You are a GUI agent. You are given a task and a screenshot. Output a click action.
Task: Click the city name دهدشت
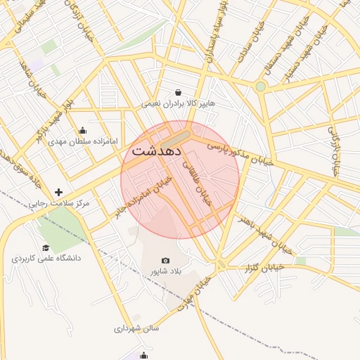[x=157, y=150]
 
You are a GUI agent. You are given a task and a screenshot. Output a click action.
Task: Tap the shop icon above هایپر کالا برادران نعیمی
[x=178, y=92]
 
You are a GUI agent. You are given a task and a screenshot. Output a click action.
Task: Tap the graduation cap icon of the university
[x=46, y=247]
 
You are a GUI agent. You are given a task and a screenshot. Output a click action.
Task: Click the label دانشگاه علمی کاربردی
[x=46, y=259]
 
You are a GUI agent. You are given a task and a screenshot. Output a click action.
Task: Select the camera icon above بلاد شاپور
[x=165, y=260]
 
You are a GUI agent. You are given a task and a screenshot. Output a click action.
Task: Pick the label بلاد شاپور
[x=165, y=271]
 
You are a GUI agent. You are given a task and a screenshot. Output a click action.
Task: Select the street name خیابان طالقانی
[x=198, y=182]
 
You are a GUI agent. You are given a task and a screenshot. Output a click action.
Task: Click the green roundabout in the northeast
[x=261, y=86]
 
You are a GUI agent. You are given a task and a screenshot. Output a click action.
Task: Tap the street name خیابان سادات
[x=247, y=39]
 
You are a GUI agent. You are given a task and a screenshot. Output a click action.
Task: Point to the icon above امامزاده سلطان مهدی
[x=83, y=130]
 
